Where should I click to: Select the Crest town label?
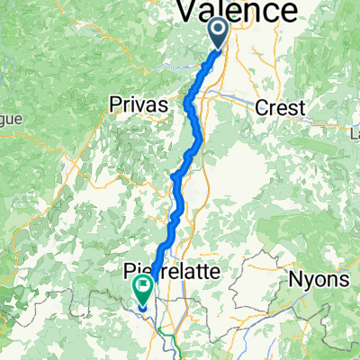[280, 107]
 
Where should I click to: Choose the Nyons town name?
[319, 279]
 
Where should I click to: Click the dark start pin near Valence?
[221, 36]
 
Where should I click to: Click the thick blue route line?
[180, 189]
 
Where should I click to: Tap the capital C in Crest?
[261, 107]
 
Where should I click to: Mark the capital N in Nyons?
[294, 279]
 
